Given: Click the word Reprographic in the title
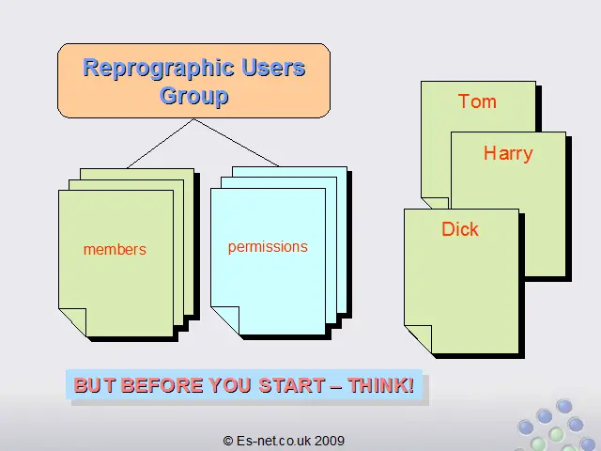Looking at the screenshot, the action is [x=159, y=69].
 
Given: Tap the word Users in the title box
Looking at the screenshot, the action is [x=273, y=68].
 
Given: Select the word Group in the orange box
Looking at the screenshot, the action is [x=194, y=96].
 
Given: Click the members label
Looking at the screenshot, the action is [x=115, y=250].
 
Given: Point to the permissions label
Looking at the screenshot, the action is [x=268, y=247].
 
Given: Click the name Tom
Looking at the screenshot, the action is [x=477, y=101].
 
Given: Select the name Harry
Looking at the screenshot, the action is [x=508, y=153].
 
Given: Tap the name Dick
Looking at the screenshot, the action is [x=460, y=229].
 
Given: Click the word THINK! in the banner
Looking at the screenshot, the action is [x=381, y=385].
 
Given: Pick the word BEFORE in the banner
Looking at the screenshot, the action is [x=162, y=385].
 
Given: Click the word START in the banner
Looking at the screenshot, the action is [x=292, y=385].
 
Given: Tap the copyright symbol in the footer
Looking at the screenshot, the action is [x=228, y=441].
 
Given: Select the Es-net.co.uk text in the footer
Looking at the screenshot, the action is [x=273, y=441].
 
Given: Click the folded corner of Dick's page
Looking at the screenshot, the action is [x=419, y=338].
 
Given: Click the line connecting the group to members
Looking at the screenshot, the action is [x=161, y=144].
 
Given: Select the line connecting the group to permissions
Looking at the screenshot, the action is [x=236, y=142].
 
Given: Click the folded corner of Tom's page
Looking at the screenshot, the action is [x=436, y=203].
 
